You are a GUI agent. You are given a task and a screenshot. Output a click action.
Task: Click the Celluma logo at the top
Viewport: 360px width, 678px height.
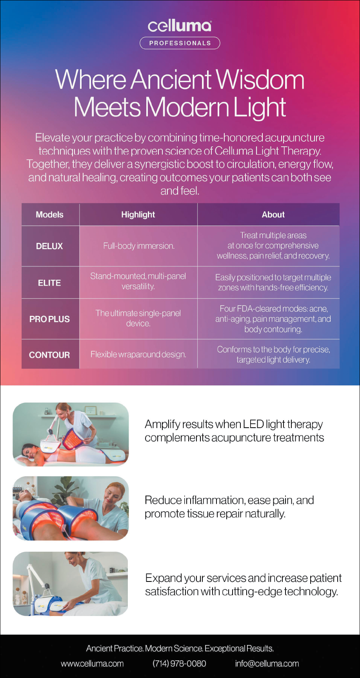(x=180, y=26)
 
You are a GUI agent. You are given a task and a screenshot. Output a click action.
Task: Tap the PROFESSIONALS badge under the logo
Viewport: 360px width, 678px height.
(x=180, y=43)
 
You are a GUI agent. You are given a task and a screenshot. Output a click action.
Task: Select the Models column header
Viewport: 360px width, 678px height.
(x=49, y=215)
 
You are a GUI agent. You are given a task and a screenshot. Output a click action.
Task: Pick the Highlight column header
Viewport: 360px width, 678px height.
(x=138, y=215)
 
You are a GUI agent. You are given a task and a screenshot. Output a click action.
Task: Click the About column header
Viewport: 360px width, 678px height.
(x=273, y=215)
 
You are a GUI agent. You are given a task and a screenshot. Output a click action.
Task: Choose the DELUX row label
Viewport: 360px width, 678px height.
(x=49, y=246)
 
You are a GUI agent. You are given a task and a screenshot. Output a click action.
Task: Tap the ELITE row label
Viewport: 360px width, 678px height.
(x=49, y=283)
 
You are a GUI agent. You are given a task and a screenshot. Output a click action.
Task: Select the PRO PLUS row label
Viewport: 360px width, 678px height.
(x=49, y=319)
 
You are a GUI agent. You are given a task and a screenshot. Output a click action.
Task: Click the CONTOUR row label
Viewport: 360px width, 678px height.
(x=49, y=355)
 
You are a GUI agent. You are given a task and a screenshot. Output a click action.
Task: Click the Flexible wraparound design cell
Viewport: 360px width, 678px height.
(x=138, y=354)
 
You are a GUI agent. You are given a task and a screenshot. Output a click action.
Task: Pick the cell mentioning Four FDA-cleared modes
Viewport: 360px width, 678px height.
(x=273, y=319)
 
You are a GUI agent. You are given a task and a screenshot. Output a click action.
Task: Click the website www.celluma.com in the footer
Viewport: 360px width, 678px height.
(x=92, y=663)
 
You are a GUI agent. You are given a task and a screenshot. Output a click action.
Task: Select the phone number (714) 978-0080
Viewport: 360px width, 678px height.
(x=179, y=663)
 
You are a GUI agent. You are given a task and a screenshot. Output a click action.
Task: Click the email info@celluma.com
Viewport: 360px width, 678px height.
(x=267, y=663)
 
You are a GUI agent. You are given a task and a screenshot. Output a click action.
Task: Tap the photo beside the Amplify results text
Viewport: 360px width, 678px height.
(x=71, y=434)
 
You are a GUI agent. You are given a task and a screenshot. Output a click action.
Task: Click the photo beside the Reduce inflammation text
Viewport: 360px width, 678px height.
(x=71, y=508)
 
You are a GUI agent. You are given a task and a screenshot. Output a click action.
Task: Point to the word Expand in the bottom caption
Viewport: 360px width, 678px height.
(x=163, y=578)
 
